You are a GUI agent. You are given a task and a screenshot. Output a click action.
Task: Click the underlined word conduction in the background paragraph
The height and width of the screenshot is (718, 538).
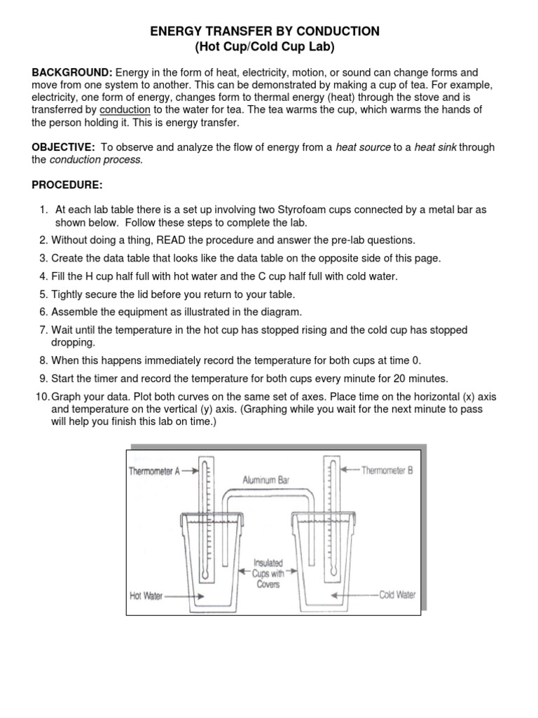pyautogui.click(x=125, y=110)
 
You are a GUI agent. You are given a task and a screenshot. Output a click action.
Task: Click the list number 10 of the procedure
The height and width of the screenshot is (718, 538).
pyautogui.click(x=41, y=398)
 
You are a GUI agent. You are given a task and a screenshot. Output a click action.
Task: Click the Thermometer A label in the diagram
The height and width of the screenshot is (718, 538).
pyautogui.click(x=154, y=472)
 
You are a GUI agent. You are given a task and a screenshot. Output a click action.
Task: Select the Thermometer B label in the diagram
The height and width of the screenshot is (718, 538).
pyautogui.click(x=387, y=470)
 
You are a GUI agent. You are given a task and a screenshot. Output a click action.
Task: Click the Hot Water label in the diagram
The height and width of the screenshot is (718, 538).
pyautogui.click(x=146, y=596)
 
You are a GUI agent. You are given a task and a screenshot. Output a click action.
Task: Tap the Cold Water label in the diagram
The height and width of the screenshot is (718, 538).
pyautogui.click(x=396, y=595)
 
